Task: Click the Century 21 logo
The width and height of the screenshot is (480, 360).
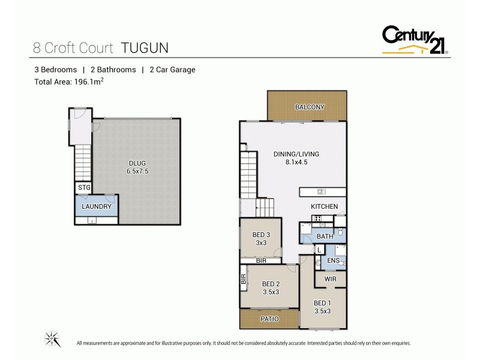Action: [x=415, y=40]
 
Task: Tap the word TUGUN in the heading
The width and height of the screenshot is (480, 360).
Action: [x=146, y=46]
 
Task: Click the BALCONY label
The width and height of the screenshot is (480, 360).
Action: [x=310, y=107]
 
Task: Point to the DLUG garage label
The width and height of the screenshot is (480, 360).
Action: [x=137, y=163]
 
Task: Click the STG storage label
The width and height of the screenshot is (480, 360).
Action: [x=84, y=188]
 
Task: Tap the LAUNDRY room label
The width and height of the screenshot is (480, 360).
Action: [x=97, y=206]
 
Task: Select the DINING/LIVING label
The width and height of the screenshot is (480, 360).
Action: [x=296, y=154]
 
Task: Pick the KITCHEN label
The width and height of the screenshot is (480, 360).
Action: [x=324, y=207]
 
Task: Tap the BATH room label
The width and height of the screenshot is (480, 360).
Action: [x=325, y=237]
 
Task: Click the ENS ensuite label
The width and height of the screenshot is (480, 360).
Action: [x=333, y=260]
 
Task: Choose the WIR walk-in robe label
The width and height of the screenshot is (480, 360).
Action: [x=330, y=280]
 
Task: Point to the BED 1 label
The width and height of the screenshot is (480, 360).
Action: [x=322, y=303]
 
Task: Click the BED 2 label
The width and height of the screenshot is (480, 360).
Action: [x=271, y=284]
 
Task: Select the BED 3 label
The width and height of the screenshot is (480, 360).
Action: [x=260, y=235]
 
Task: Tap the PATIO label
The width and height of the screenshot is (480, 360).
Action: [x=270, y=319]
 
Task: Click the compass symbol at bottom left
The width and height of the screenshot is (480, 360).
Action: [x=53, y=339]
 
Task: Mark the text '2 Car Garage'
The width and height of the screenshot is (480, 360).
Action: [x=172, y=70]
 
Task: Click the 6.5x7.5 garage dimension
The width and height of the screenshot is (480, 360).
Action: [x=137, y=171]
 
